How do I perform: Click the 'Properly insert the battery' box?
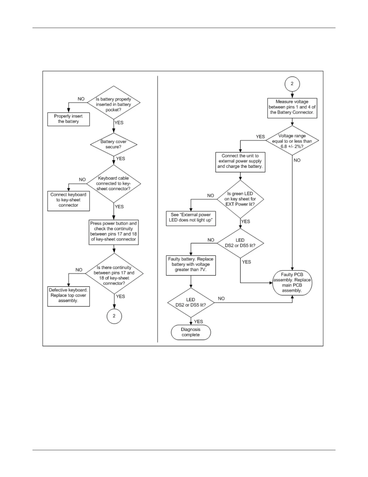(x=69, y=119)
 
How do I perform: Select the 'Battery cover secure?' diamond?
(x=114, y=144)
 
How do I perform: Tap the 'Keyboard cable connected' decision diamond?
(x=114, y=183)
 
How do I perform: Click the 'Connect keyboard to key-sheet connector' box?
(x=69, y=200)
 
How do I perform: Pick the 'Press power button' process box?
(x=114, y=232)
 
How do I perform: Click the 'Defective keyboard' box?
(x=69, y=295)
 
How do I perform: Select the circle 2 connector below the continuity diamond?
(x=114, y=316)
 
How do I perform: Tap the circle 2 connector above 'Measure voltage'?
(x=292, y=84)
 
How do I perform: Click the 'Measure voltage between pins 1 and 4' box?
(x=292, y=107)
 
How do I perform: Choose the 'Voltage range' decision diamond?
(x=292, y=141)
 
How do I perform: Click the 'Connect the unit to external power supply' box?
(x=240, y=161)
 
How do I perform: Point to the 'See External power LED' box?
(x=191, y=217)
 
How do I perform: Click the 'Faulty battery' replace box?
(x=191, y=264)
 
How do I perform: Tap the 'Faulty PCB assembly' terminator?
(x=292, y=282)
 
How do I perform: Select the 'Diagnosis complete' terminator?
(x=191, y=332)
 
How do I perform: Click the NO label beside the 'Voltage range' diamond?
(x=297, y=160)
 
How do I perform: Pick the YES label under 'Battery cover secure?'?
(x=120, y=158)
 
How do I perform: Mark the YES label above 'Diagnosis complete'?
(x=198, y=322)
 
